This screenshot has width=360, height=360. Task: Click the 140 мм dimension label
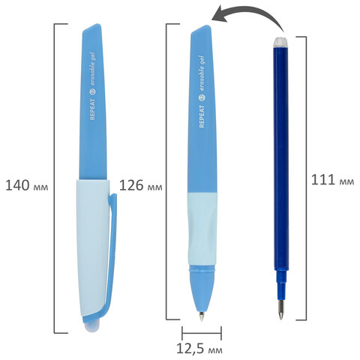26,186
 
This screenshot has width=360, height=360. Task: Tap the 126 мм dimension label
140,186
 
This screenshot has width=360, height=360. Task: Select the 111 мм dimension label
332,180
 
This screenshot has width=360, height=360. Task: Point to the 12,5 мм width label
199,349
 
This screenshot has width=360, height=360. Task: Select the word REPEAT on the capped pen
92,109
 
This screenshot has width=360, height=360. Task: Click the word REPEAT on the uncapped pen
202,116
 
